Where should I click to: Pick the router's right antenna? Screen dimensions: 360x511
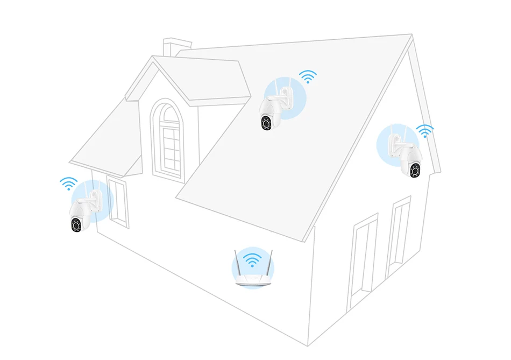[x=271, y=262]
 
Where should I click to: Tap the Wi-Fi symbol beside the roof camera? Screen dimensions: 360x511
[x=308, y=76]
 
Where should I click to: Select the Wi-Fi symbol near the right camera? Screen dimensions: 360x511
[x=425, y=131]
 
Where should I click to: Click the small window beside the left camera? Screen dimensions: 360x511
[x=118, y=203]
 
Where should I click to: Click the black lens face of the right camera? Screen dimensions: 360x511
[x=415, y=171]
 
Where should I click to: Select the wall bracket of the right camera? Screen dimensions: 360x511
[x=398, y=141]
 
